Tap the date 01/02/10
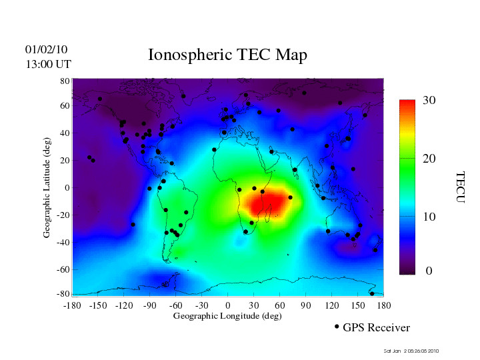tap(46, 49)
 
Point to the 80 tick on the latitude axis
tap(65, 80)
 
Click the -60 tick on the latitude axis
tap(63, 269)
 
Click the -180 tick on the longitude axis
tap(72, 305)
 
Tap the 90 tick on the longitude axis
tap(306, 305)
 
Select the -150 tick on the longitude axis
tap(98, 305)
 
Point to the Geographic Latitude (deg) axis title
tap(47, 192)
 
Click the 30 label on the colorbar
tap(429, 100)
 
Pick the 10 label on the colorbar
tap(429, 217)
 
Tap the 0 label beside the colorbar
tap(429, 271)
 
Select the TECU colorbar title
tap(459, 187)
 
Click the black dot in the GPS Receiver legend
tap(337, 327)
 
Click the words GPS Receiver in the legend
tap(376, 327)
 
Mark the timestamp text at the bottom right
tap(411, 351)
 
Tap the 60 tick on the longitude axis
tap(280, 305)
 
